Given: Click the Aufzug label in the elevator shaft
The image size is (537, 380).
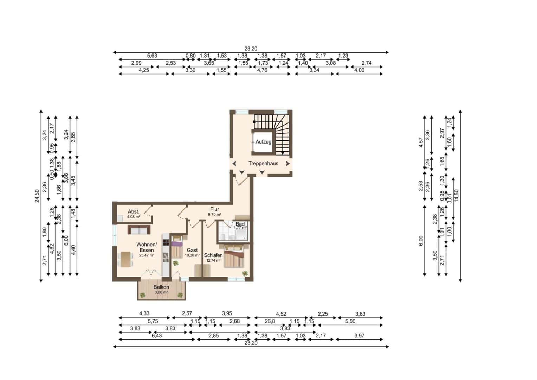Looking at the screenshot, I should (x=263, y=142).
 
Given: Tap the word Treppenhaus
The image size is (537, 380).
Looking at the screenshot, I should (x=263, y=163).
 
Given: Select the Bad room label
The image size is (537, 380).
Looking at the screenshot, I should (x=240, y=224).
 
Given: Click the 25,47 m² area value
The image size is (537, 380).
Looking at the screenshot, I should (x=147, y=255).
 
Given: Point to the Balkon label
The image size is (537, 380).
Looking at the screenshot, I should (x=161, y=287).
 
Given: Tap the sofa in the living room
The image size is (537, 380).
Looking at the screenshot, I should (x=139, y=230).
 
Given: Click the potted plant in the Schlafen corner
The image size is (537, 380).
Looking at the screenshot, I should (x=245, y=273).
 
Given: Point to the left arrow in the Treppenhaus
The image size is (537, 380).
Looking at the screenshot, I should (x=234, y=164).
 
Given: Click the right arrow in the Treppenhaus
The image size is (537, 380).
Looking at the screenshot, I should (x=288, y=164).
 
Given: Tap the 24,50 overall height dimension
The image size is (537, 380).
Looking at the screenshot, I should (x=37, y=196).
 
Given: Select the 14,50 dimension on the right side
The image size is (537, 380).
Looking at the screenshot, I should (x=456, y=196).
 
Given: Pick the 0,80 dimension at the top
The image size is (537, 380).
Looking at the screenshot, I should (x=190, y=56).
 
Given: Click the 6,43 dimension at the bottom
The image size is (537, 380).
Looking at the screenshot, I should (x=157, y=336).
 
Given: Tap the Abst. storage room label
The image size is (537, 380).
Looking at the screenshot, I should (x=134, y=211).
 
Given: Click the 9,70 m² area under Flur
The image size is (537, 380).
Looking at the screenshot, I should (x=214, y=214).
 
